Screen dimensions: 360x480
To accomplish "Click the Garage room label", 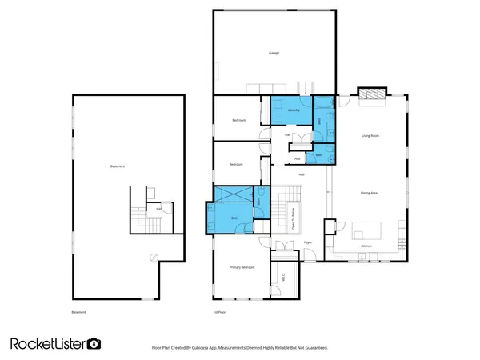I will click(x=274, y=53).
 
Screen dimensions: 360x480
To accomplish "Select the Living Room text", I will click(x=370, y=136).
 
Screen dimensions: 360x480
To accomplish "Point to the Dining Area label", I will click(x=369, y=193).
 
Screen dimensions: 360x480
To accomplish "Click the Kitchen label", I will click(x=366, y=246).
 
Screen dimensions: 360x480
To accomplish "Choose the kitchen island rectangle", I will click(x=367, y=229).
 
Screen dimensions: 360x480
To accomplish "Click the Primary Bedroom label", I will click(x=242, y=267).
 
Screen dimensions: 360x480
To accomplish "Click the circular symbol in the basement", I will click(x=154, y=257).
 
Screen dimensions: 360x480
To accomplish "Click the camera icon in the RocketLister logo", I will click(x=94, y=343).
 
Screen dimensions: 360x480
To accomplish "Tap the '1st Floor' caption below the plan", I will click(x=218, y=312).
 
